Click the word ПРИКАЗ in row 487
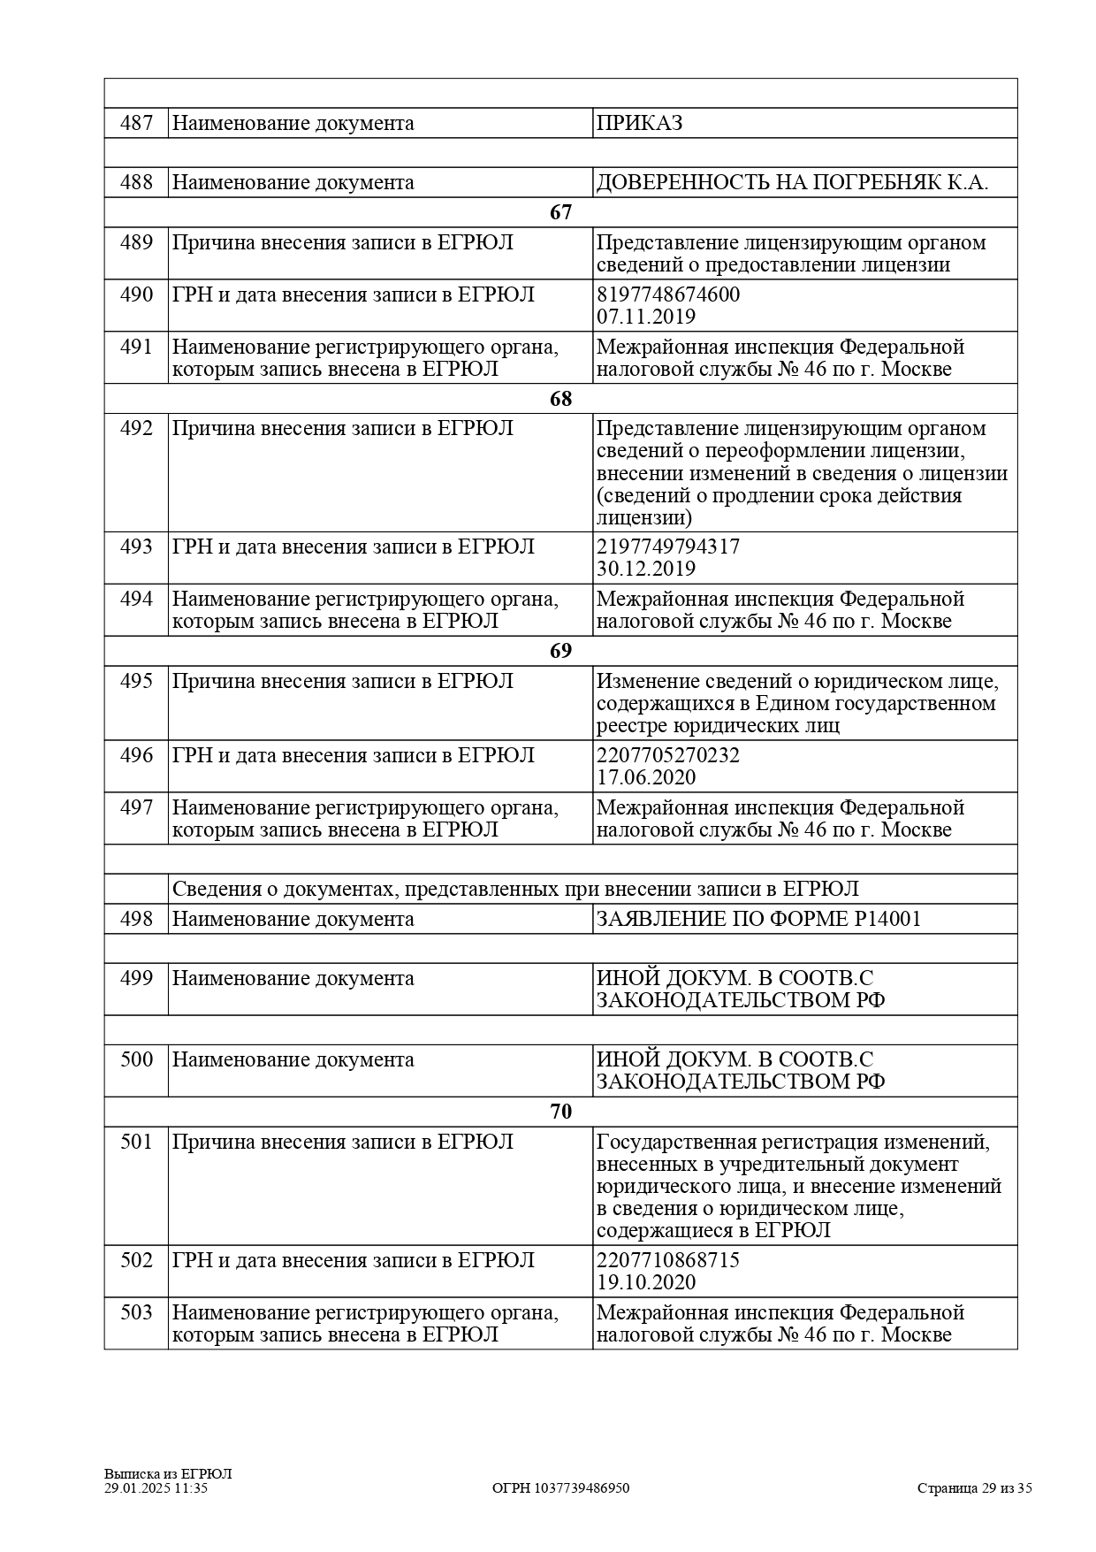(x=639, y=123)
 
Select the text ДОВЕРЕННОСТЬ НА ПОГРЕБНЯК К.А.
(x=792, y=183)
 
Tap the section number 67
(x=560, y=212)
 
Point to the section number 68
(x=560, y=399)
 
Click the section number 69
(x=560, y=651)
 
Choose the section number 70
(x=560, y=1112)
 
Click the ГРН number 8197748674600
(x=668, y=294)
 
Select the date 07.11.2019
(x=646, y=317)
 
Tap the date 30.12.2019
(x=646, y=569)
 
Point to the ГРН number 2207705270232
(x=668, y=755)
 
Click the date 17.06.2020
(x=646, y=777)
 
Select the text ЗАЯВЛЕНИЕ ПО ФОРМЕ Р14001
(x=758, y=919)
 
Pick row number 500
(x=136, y=1059)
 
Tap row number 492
(x=136, y=428)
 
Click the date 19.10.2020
(x=646, y=1282)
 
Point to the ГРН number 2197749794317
(x=668, y=547)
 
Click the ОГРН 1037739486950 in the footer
(x=560, y=1488)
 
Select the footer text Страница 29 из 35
(x=974, y=1488)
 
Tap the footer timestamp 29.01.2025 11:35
(x=156, y=1488)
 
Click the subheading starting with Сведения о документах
(x=515, y=889)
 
